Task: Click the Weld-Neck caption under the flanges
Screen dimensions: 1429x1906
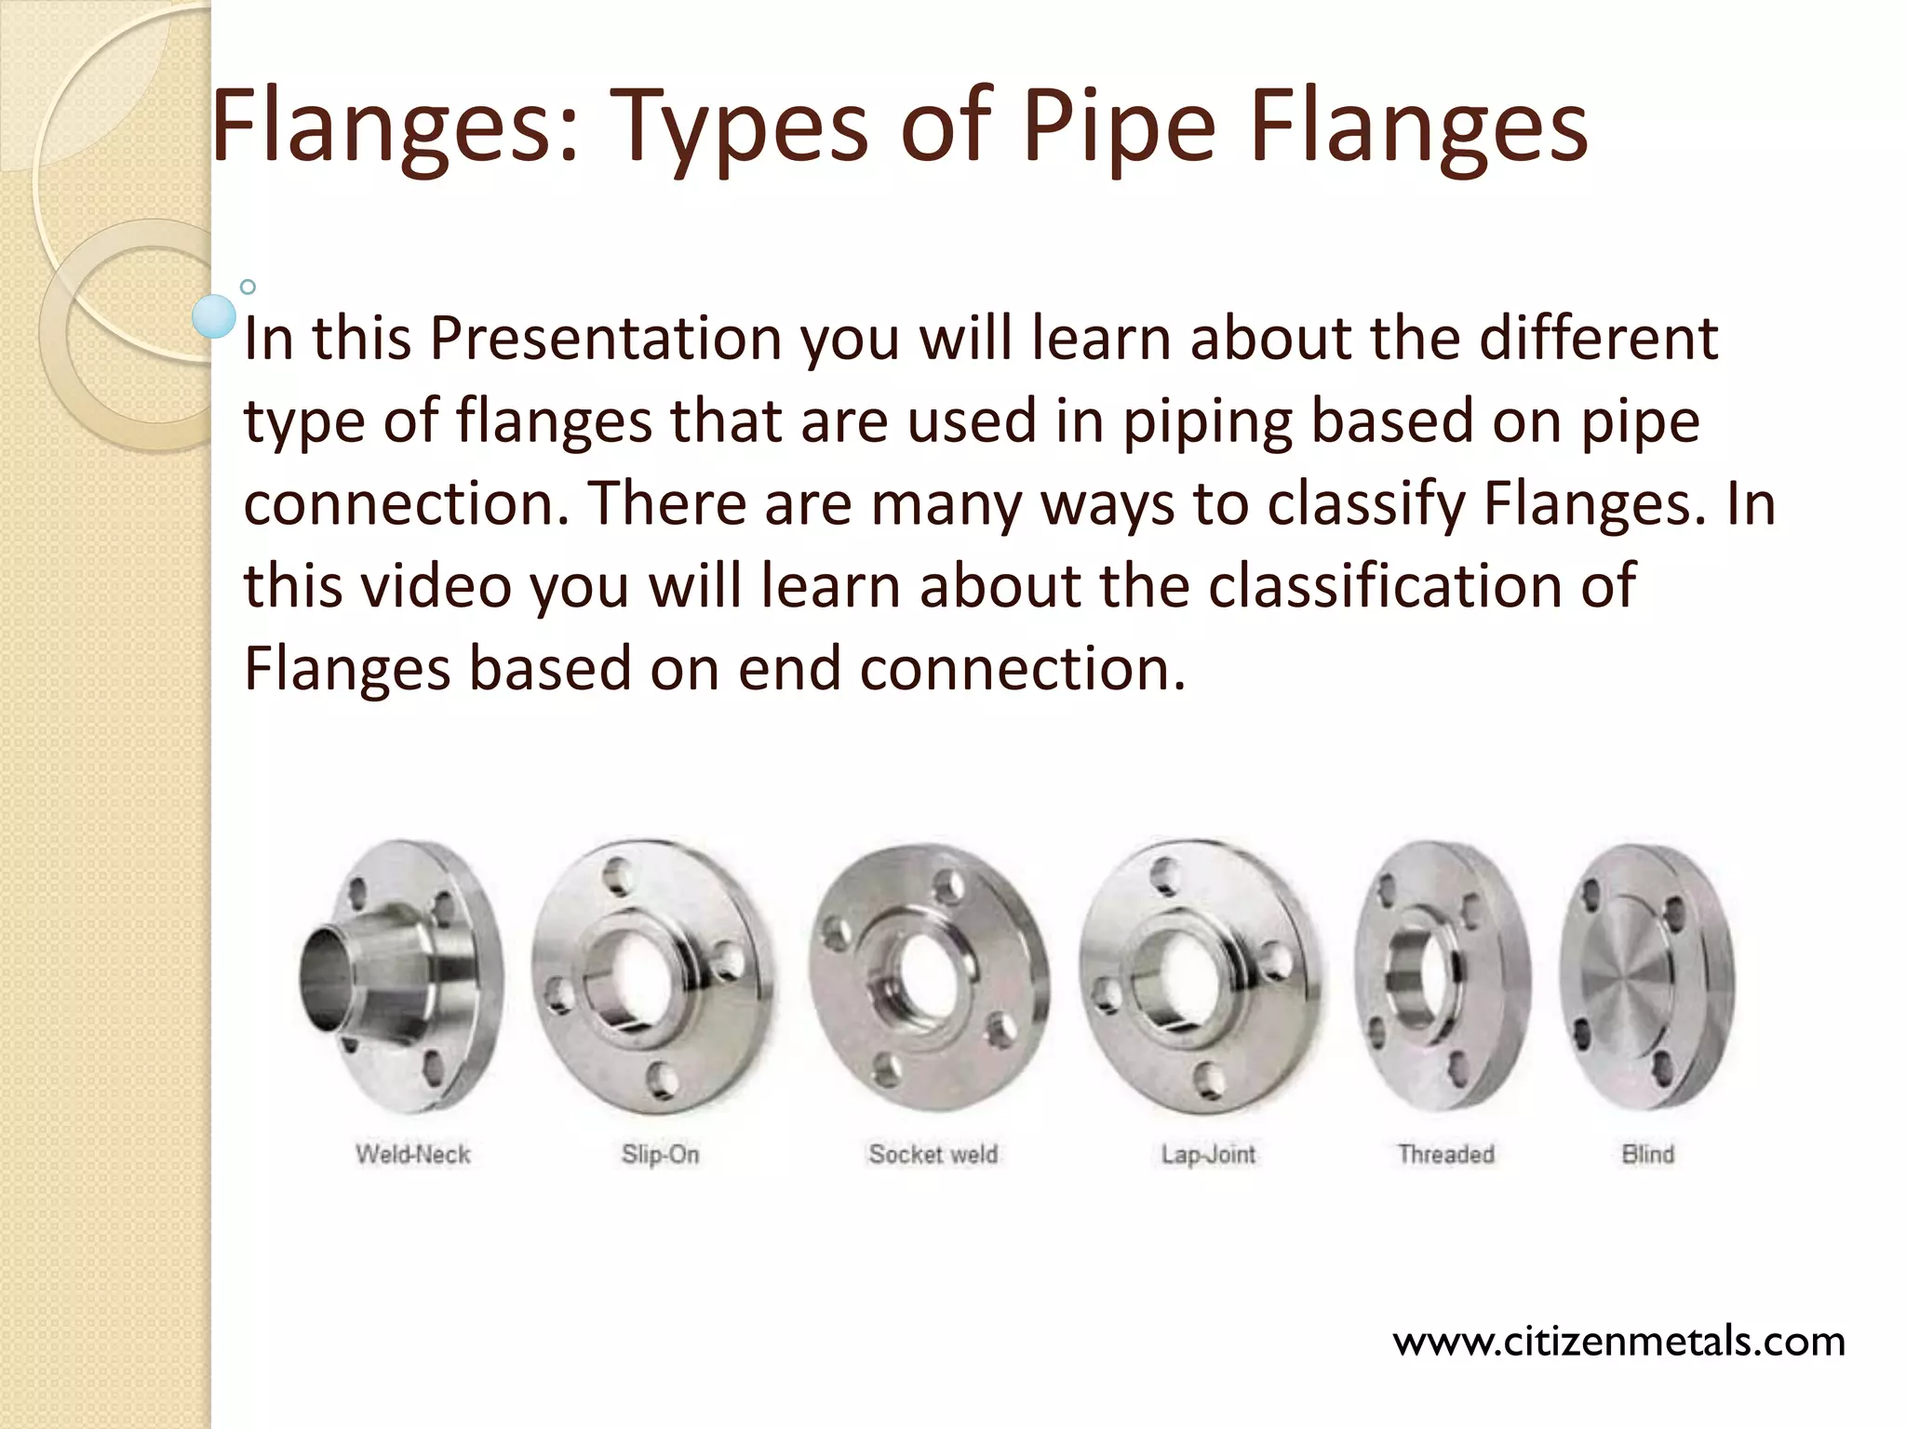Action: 412,1155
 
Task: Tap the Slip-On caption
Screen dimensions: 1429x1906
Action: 660,1155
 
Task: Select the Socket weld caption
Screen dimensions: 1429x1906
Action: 933,1155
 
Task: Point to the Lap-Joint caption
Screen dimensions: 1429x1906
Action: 1208,1155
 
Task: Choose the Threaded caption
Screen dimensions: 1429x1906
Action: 1445,1155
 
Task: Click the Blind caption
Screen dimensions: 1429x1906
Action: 1647,1155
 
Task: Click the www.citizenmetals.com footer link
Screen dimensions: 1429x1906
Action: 1618,1342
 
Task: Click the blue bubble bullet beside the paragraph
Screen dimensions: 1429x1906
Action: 214,316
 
